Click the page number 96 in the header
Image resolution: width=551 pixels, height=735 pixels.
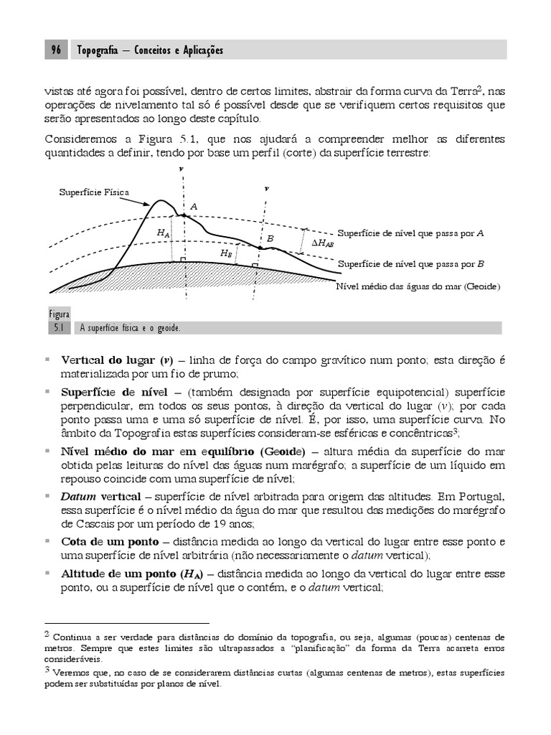coord(56,50)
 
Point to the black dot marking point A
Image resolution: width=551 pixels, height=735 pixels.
coord(184,215)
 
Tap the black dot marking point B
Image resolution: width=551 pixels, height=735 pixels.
coord(260,248)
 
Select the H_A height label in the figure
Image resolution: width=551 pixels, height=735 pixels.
coord(163,233)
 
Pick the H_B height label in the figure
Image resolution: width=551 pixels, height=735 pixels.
coord(226,253)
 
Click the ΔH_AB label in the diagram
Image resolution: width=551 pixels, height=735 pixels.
coord(322,243)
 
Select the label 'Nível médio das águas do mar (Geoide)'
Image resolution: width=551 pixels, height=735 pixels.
coord(418,286)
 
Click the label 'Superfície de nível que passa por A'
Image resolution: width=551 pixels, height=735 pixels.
coord(411,233)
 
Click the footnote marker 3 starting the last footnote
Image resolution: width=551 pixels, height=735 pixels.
coord(47,670)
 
